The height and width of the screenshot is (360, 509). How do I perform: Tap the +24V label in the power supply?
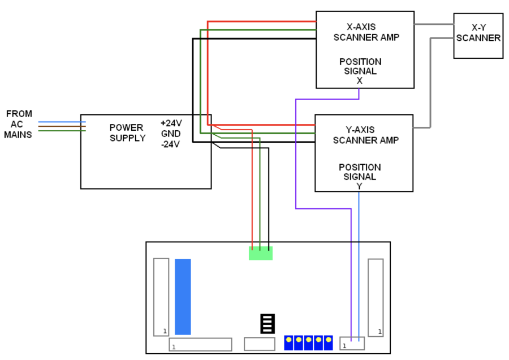click(x=171, y=123)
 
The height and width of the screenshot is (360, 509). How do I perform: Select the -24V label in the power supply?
click(x=170, y=144)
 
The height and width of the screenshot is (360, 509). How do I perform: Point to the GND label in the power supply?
click(x=171, y=134)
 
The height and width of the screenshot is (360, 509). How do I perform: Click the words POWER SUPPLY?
click(x=127, y=133)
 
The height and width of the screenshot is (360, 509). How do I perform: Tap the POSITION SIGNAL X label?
click(x=360, y=71)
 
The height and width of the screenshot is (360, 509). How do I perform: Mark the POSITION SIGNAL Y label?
click(x=360, y=177)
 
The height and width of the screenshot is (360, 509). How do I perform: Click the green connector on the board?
click(x=261, y=254)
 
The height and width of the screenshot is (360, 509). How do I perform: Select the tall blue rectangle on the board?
click(x=183, y=297)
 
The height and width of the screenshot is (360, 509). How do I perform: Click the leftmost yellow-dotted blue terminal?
click(x=289, y=342)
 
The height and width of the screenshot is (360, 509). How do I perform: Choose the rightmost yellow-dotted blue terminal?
click(x=328, y=342)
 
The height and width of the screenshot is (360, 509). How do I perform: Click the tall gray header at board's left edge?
click(x=161, y=297)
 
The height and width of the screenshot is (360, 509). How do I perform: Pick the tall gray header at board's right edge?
click(x=376, y=297)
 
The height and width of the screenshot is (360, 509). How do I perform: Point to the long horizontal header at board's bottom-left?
click(x=200, y=344)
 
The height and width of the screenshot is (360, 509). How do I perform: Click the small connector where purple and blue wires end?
click(x=352, y=343)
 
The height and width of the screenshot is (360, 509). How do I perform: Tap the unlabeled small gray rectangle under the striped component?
click(x=259, y=344)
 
